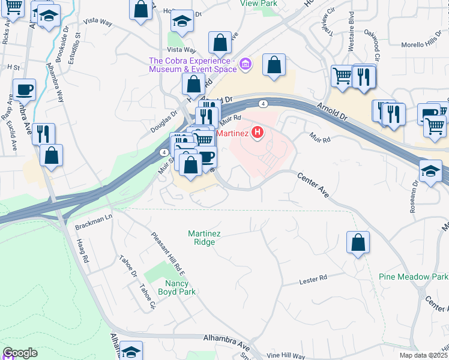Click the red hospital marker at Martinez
pyautogui.click(x=258, y=133)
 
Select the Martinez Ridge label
pyautogui.click(x=204, y=238)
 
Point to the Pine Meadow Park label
pyautogui.click(x=414, y=277)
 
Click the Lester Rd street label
pyautogui.click(x=313, y=279)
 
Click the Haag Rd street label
pyautogui.click(x=83, y=252)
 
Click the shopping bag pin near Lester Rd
pyautogui.click(x=358, y=242)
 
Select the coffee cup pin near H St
pyautogui.click(x=25, y=90)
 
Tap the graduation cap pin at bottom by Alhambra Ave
pyautogui.click(x=131, y=351)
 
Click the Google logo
pyautogui.click(x=20, y=353)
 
